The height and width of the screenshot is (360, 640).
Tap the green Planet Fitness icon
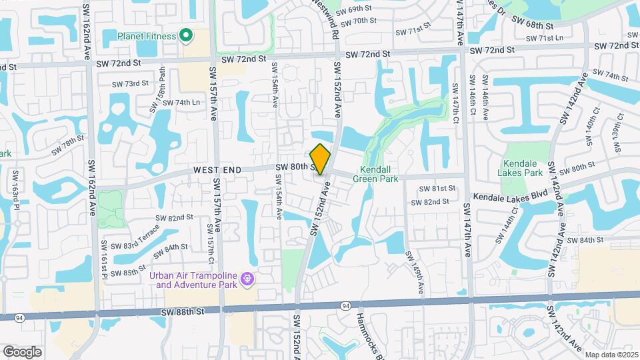[186, 35]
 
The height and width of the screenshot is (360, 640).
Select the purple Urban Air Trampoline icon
[247, 277]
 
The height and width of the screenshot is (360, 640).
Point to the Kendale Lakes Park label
[525, 167]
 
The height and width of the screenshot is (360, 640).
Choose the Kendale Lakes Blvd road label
[508, 197]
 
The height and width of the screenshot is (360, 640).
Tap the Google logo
[22, 351]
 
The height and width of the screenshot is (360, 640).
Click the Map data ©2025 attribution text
[611, 355]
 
